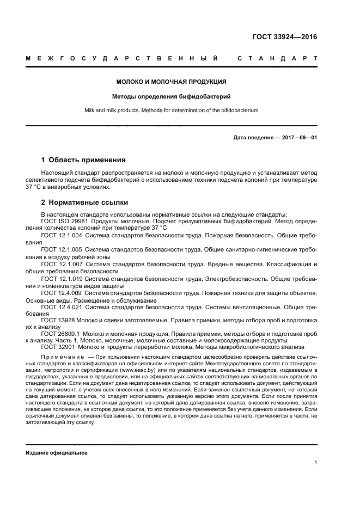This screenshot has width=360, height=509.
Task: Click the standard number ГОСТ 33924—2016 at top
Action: pos(284,37)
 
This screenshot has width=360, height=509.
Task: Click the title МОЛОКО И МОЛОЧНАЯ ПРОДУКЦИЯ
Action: pos(172,82)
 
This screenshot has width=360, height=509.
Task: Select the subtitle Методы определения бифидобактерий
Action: pos(172,96)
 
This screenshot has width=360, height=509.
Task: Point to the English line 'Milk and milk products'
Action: pos(172,110)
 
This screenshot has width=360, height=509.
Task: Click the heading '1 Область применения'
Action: pos(83,160)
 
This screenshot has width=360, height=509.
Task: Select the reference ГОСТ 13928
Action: pos(56,321)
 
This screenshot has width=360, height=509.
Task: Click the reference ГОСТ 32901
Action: pos(57,346)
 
